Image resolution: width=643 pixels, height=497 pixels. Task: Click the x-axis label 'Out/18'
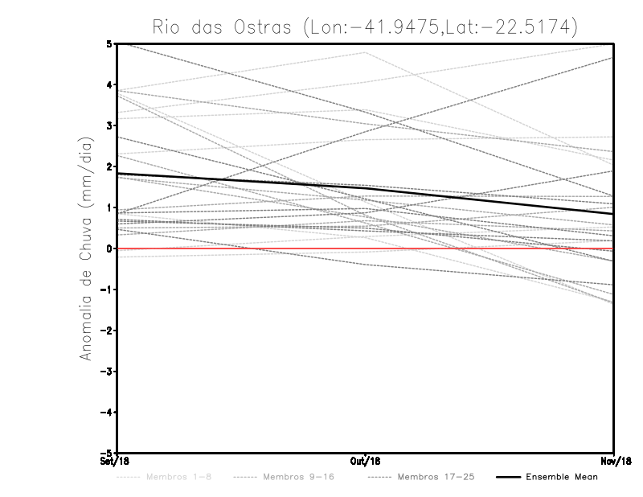pyautogui.click(x=365, y=462)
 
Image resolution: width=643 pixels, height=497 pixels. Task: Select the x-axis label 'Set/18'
pyautogui.click(x=114, y=462)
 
